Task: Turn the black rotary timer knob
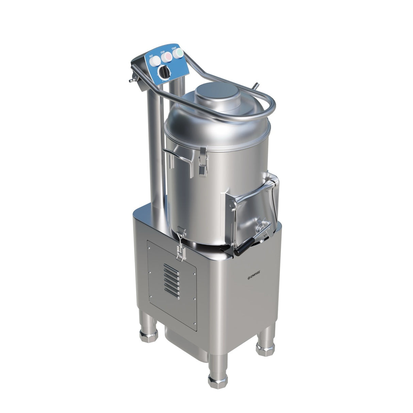(165, 72)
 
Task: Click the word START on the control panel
(174, 49)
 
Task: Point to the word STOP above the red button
(162, 53)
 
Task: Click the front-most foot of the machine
(217, 374)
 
